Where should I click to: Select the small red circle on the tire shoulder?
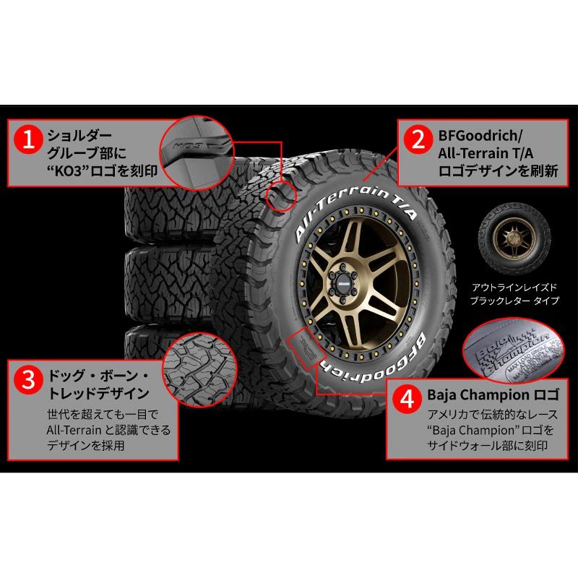(282, 195)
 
